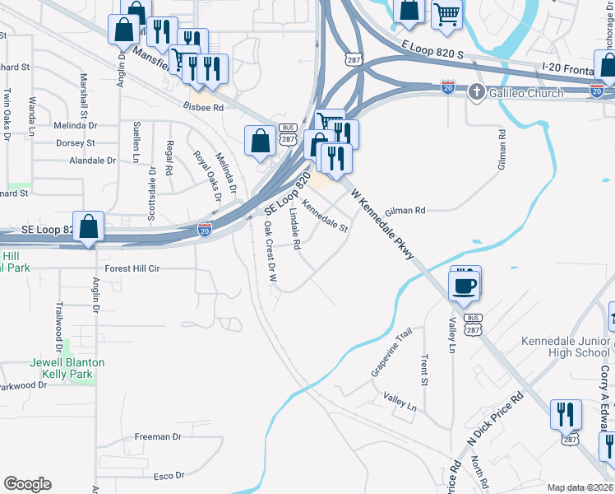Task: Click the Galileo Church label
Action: point(526,93)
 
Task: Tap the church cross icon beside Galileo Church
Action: point(475,92)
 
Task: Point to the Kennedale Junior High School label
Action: point(565,347)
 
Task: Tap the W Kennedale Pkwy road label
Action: point(382,224)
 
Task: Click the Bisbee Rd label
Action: point(204,107)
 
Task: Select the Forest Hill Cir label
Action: point(132,268)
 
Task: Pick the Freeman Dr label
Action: point(152,436)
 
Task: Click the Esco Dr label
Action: point(169,476)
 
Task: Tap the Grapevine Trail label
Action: point(391,353)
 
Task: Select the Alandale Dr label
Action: point(92,161)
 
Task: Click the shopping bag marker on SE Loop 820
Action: point(89,227)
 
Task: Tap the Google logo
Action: point(27,484)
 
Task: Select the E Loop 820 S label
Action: point(432,51)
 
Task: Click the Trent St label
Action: point(424,370)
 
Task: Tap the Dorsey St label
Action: point(76,142)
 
